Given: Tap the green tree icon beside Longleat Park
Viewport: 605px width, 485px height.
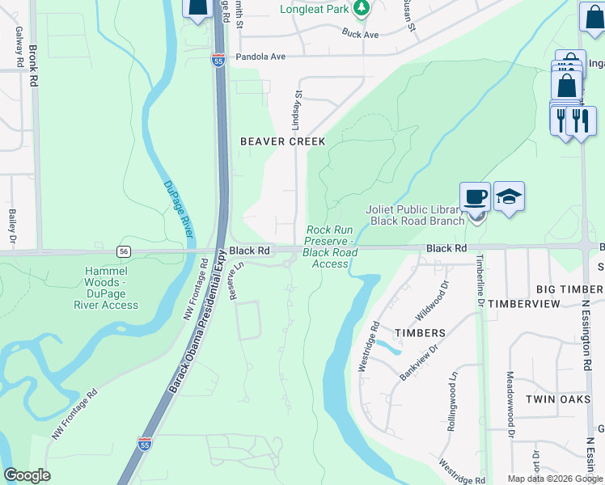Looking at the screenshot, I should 362,9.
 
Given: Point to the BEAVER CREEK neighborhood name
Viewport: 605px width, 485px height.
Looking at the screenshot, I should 283,141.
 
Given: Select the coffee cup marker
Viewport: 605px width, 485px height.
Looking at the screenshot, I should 475,196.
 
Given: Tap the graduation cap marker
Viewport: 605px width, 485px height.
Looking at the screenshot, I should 509,196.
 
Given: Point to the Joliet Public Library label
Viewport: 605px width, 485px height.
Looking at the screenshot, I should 416,215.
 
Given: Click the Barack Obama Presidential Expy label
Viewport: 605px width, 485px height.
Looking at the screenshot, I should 198,323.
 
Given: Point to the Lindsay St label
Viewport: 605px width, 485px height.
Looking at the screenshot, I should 297,111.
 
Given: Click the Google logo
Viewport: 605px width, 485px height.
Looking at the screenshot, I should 27,475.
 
